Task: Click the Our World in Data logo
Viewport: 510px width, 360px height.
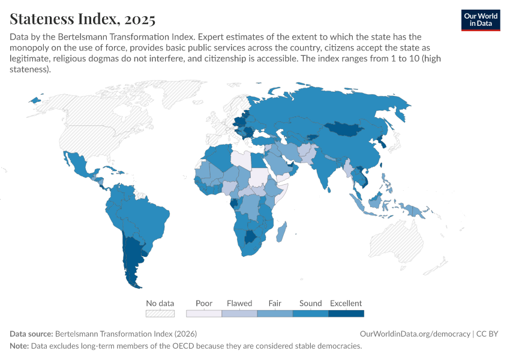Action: coord(480,20)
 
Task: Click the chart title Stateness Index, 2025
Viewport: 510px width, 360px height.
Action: coord(83,19)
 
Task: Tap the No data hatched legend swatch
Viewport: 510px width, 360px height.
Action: coord(160,313)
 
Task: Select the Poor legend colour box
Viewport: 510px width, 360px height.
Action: coord(203,313)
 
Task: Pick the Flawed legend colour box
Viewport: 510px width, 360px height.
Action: coord(239,313)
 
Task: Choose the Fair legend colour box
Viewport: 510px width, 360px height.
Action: coord(275,313)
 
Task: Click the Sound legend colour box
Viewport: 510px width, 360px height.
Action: coord(310,313)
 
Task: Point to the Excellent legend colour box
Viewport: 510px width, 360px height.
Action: coord(346,313)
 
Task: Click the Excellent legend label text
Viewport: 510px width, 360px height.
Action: coord(346,303)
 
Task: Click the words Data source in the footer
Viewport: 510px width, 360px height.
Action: coord(31,334)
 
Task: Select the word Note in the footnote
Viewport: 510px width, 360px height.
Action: coord(19,346)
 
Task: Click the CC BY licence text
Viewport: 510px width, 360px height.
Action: coord(488,334)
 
